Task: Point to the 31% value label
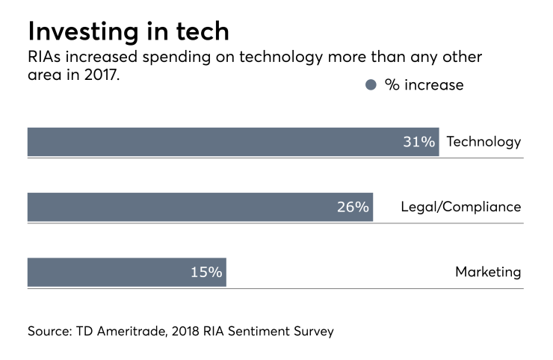coord(419,142)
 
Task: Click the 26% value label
coord(353,207)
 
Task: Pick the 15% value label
coord(206,272)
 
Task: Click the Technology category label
coord(484,142)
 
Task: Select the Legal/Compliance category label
coord(461,207)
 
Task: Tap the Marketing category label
coord(488,272)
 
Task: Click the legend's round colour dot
coord(371,85)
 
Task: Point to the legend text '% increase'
coord(424,85)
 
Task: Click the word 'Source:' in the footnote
coord(49,330)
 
